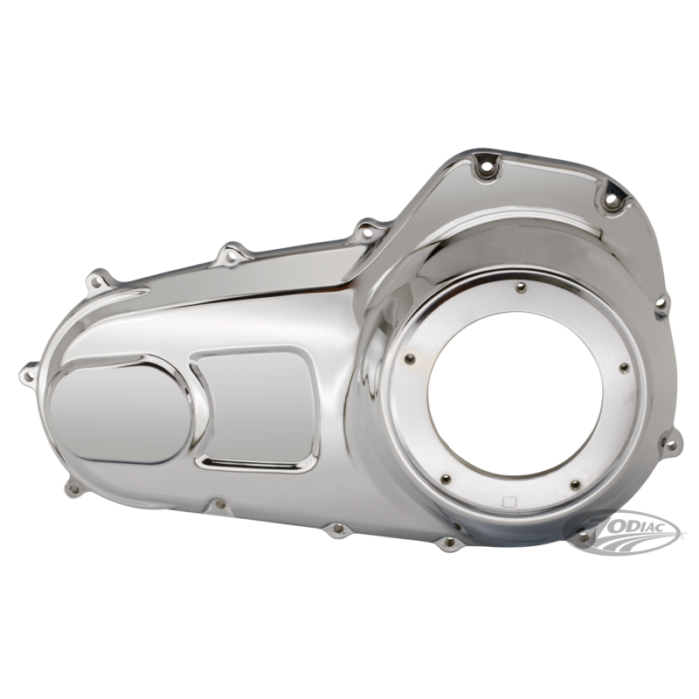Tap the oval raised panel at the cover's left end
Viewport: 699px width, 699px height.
point(121,410)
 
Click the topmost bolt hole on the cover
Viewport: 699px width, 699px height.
point(486,169)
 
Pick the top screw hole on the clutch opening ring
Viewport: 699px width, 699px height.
point(521,287)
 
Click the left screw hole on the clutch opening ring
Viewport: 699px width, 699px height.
point(411,359)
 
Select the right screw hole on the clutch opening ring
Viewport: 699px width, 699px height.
point(625,367)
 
